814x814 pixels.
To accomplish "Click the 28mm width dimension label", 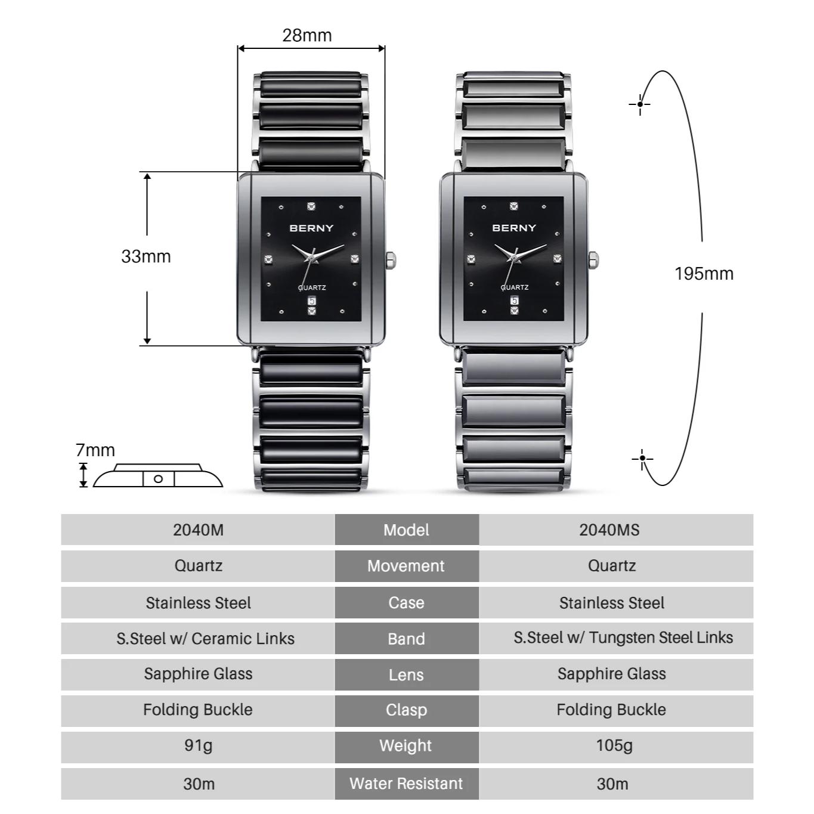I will click(x=307, y=36).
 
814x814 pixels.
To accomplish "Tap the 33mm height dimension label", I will click(x=146, y=256).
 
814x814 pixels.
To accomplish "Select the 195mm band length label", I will click(x=704, y=274).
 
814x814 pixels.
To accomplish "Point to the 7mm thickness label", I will click(x=95, y=450).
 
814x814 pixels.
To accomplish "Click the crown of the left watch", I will click(x=391, y=260).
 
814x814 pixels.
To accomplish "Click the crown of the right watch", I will click(x=593, y=260).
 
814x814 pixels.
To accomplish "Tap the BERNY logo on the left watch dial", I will click(x=311, y=228).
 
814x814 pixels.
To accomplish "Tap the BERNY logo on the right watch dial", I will click(x=514, y=228).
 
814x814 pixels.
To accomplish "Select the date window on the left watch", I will click(x=311, y=301).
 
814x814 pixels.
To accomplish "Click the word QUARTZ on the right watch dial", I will click(x=515, y=287).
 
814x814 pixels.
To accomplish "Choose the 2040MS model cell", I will click(x=609, y=530).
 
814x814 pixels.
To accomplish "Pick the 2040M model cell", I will click(x=198, y=530).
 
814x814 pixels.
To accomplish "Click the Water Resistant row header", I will click(x=406, y=783).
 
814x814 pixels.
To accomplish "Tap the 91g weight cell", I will click(x=198, y=745).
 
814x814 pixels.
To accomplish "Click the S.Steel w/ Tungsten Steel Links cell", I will click(x=623, y=637).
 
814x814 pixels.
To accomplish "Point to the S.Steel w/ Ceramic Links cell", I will click(x=205, y=638).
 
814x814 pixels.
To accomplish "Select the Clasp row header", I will click(x=406, y=710).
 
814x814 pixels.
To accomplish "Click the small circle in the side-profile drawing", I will click(x=158, y=479).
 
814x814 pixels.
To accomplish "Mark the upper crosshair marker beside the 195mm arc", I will click(x=640, y=104).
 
